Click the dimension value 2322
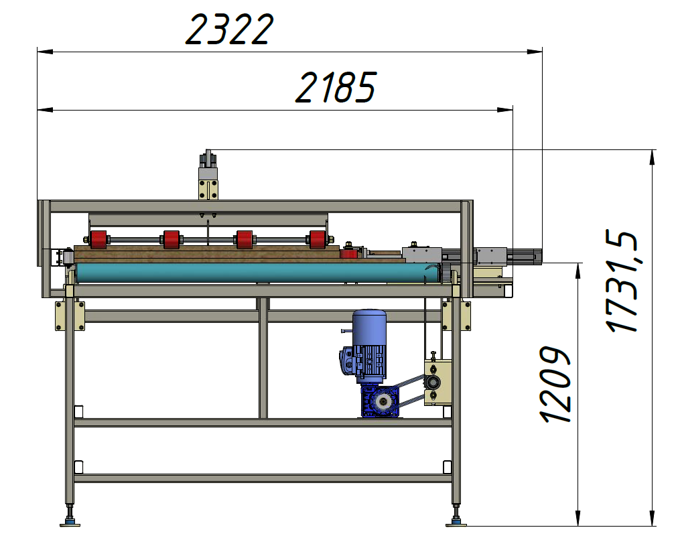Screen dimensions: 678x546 pyautogui.click(x=229, y=29)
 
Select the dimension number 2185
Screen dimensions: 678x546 pyautogui.click(x=336, y=88)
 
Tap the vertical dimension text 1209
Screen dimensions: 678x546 pyautogui.click(x=555, y=384)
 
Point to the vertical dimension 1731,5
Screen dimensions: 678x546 pyautogui.click(x=622, y=281)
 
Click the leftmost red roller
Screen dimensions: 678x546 pyautogui.click(x=98, y=240)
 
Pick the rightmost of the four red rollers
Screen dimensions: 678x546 pyautogui.click(x=318, y=240)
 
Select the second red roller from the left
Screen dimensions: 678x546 pyautogui.click(x=172, y=240)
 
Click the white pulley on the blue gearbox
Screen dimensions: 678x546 pyautogui.click(x=383, y=402)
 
